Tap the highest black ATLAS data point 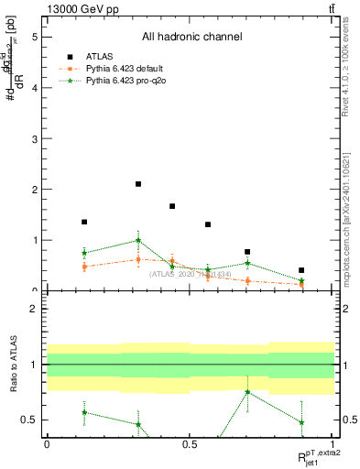(138, 184)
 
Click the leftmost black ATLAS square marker (84, 222)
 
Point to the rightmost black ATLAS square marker (301, 270)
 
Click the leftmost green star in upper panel (84, 253)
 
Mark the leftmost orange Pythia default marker (84, 267)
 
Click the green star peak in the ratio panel (247, 392)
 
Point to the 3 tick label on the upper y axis (34, 139)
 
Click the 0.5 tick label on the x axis (190, 444)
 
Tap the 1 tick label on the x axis (333, 444)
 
